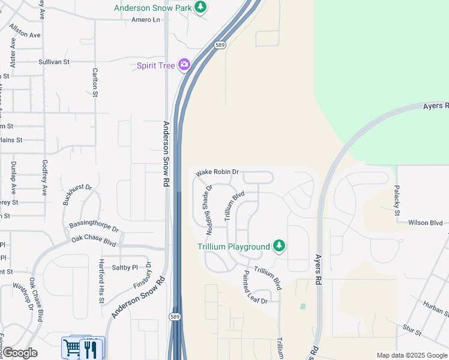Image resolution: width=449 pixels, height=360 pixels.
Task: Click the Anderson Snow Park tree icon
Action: point(200,7)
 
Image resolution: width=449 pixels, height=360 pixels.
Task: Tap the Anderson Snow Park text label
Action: point(154,8)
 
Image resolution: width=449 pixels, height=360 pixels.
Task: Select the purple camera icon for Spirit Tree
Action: point(184,65)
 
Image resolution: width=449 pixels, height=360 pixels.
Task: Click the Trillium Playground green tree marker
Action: point(279,245)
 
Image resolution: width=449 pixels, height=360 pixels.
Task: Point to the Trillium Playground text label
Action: point(234,247)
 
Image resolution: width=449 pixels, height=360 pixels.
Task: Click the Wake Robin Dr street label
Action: point(217,172)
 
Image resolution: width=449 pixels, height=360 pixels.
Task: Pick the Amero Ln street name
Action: point(146,20)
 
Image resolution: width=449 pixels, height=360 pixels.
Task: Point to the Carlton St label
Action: point(95,83)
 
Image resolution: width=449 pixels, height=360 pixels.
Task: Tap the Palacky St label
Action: point(397,200)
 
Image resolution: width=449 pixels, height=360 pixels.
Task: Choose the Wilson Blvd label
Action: point(425,223)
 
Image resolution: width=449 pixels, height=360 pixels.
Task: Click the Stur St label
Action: point(412,330)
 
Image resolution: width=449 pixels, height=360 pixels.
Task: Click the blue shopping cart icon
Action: point(71,347)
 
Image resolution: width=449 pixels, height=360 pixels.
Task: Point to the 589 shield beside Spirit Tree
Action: point(220,44)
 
